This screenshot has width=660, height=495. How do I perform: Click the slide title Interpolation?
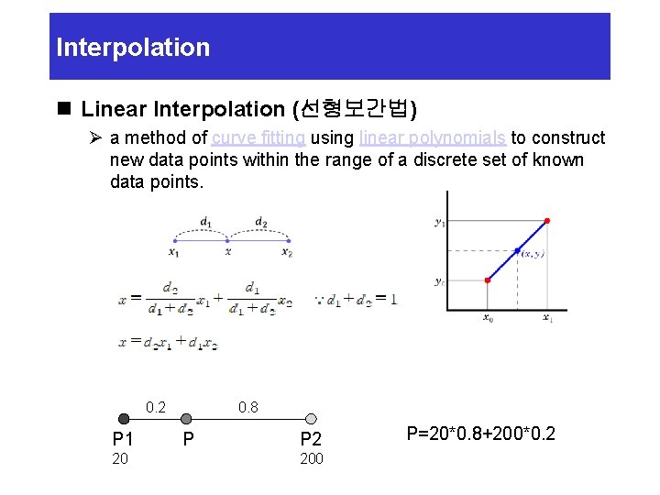point(133,48)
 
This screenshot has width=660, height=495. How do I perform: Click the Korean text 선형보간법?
point(352,109)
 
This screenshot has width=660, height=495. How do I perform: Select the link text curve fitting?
point(258,138)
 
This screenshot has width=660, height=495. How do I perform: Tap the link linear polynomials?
point(433,138)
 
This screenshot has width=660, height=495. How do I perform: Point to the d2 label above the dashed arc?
point(260,221)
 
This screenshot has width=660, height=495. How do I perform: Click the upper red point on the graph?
point(547,221)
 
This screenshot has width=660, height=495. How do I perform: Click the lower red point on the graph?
point(488,280)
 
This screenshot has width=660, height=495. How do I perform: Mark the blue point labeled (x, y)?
point(517,250)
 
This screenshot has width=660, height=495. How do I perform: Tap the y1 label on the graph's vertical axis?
point(440,221)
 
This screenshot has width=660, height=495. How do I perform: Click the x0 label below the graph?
point(488,318)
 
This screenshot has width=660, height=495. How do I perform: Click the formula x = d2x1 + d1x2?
point(169,342)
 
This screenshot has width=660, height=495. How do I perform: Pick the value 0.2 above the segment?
point(157,407)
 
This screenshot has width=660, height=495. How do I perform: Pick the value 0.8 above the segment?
point(247,407)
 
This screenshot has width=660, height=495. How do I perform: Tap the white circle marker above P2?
point(311,419)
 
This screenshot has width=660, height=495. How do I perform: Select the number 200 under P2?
point(312,458)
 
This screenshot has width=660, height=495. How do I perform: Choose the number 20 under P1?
point(120,458)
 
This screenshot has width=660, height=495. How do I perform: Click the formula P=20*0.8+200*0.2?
point(480,433)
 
